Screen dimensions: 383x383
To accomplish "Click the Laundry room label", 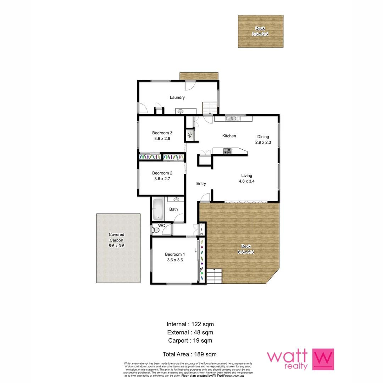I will coord(177,98).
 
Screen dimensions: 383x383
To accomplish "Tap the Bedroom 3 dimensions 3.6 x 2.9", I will coord(162,139).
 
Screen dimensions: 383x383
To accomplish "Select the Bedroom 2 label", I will coord(162,173).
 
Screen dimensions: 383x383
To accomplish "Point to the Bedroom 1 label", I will coord(175,254).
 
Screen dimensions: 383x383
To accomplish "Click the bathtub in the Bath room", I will coord(158,209).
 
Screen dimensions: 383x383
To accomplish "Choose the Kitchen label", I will coord(229,136).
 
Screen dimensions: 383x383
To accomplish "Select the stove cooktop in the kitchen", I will coord(227,151).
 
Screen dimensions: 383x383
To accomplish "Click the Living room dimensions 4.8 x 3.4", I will coord(246,181).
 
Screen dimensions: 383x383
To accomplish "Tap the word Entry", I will coord(201,183).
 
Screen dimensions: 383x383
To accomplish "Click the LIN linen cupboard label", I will coord(201,229).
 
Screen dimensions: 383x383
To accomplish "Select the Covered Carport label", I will coord(116,240).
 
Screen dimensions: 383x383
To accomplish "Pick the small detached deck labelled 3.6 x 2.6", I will coord(260,31).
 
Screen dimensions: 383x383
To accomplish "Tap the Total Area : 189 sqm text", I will coord(190,354).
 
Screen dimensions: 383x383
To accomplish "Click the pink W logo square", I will coord(323,359).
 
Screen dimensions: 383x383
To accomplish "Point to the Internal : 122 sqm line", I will coord(190,324).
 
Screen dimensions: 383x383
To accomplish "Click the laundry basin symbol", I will coord(181,111).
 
